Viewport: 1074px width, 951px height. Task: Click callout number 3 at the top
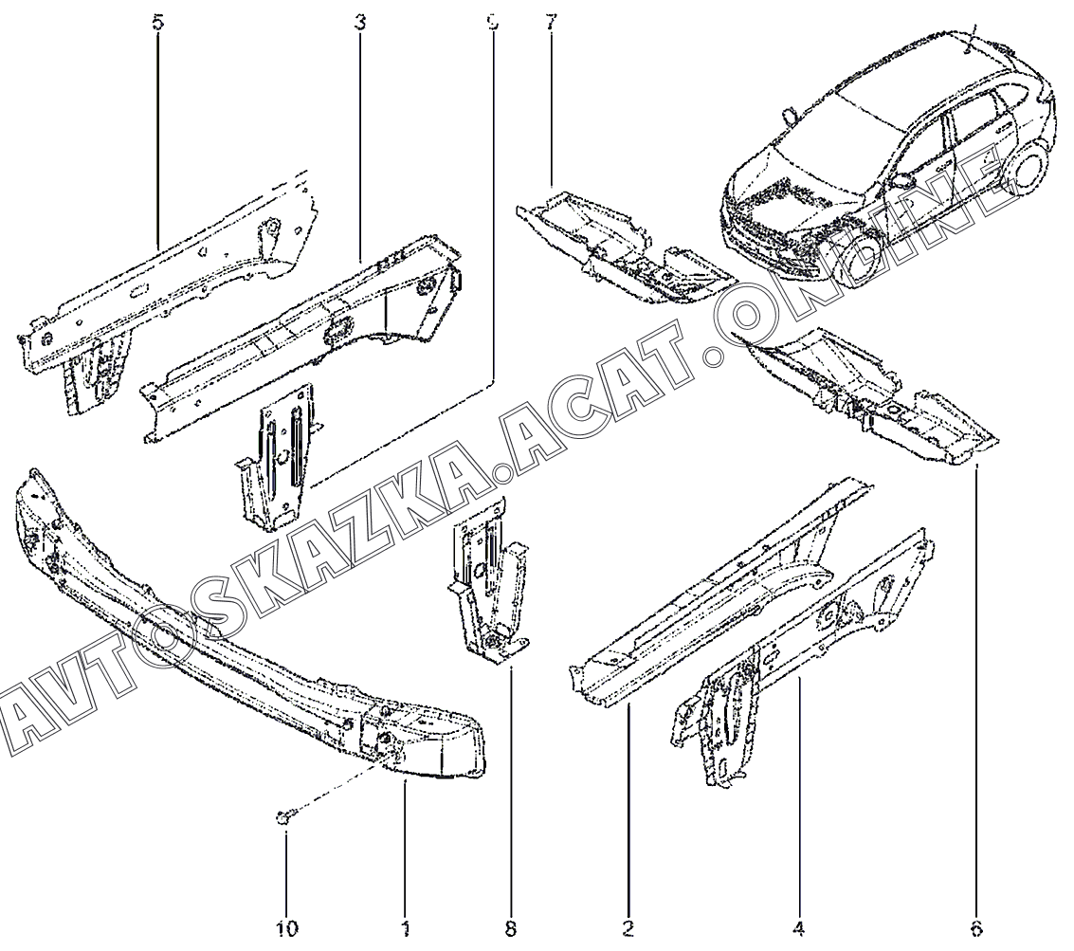point(360,22)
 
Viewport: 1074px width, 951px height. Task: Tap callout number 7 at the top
point(550,22)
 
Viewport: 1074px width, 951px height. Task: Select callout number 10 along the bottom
point(287,926)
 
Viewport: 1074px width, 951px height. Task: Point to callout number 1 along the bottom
point(405,926)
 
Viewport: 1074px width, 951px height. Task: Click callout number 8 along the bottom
point(511,926)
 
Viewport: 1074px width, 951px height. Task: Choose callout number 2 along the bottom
point(628,926)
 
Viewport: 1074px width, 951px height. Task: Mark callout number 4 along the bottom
point(799,926)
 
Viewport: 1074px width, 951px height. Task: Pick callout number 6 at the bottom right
point(977,926)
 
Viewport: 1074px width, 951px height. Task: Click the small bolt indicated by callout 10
point(285,816)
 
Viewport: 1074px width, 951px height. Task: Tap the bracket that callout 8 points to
point(488,588)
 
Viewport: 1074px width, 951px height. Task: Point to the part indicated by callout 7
point(626,247)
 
